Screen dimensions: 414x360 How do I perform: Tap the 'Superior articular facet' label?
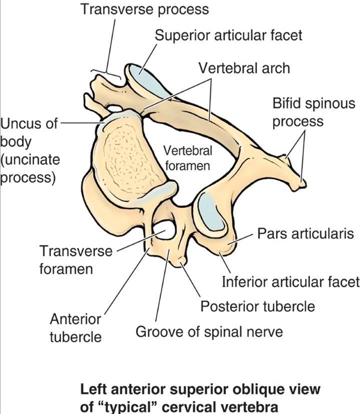(228, 35)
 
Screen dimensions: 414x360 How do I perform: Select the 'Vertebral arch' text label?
(244, 67)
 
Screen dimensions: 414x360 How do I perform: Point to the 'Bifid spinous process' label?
(313, 112)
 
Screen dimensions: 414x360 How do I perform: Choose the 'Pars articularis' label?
(305, 233)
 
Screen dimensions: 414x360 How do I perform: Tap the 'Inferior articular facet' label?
(290, 282)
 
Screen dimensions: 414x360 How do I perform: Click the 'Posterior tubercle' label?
(257, 306)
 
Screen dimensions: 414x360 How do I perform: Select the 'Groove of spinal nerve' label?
(209, 331)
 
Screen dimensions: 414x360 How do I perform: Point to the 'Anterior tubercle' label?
(75, 327)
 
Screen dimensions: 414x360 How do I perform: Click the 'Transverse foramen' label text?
(76, 259)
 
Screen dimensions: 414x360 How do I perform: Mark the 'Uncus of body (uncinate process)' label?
(29, 150)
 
